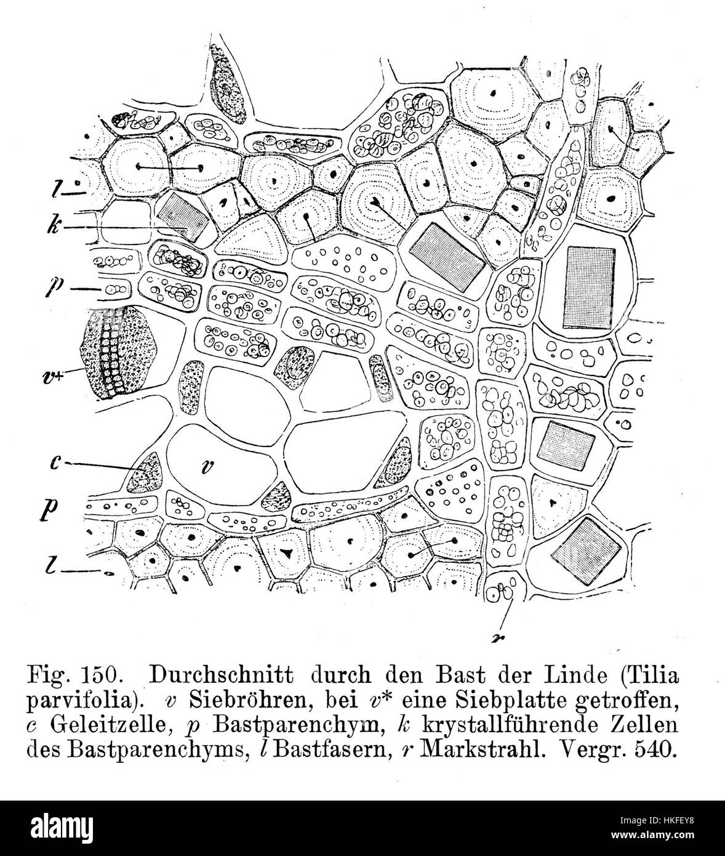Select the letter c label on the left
(x=54, y=462)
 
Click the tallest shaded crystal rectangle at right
(x=590, y=287)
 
